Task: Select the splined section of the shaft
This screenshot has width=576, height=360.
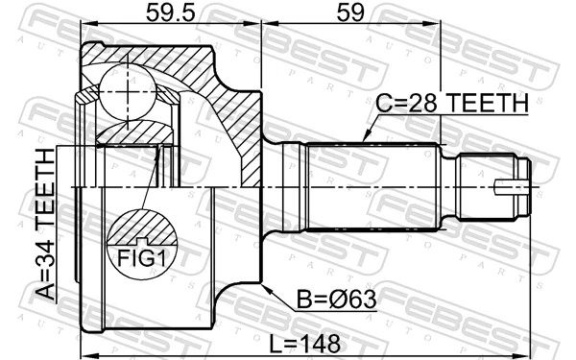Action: tap(370, 182)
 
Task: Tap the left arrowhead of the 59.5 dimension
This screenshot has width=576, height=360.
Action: tap(84, 24)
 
